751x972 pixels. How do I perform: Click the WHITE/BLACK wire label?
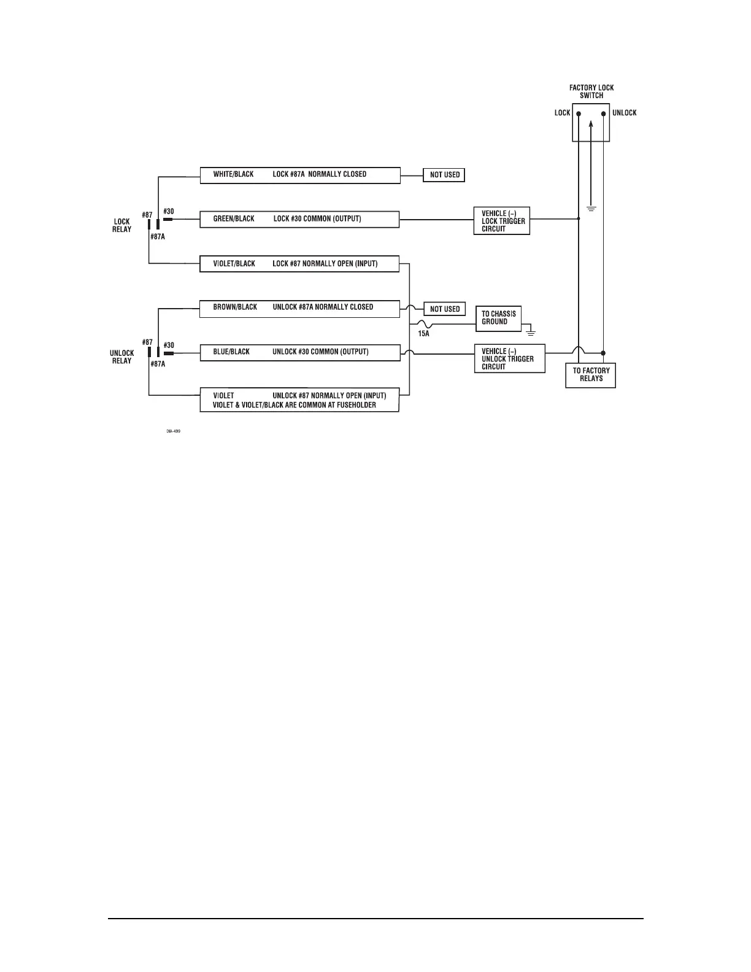click(x=233, y=174)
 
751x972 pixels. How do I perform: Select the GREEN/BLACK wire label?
click(x=233, y=219)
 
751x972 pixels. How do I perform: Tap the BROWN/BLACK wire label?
click(x=235, y=307)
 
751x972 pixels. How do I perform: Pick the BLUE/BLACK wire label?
click(x=231, y=352)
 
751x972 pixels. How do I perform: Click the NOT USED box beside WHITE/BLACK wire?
click(x=444, y=175)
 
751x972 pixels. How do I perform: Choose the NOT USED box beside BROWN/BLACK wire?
click(x=444, y=309)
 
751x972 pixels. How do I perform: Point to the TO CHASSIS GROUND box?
click(x=498, y=318)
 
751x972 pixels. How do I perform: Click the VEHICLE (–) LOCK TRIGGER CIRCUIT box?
click(x=502, y=221)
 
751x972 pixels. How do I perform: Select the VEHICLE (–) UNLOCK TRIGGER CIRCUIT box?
click(x=509, y=359)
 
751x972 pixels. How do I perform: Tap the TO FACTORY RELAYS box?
click(x=591, y=375)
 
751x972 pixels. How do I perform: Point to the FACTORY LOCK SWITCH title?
click(x=591, y=91)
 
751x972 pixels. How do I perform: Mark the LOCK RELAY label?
click(x=121, y=225)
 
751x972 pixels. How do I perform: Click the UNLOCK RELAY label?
click(x=121, y=357)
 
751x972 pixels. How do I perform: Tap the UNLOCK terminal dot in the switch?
click(x=604, y=114)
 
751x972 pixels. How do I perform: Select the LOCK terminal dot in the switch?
click(x=578, y=114)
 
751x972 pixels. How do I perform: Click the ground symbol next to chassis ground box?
click(x=531, y=332)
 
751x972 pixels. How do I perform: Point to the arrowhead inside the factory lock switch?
click(x=590, y=123)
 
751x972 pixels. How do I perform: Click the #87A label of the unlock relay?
click(x=158, y=364)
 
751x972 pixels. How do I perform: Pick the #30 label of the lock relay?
click(x=169, y=212)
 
